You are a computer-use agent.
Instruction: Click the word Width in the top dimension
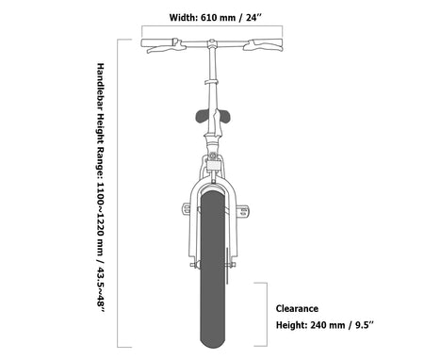pyautogui.click(x=183, y=18)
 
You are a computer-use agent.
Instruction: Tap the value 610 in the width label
pyautogui.click(x=209, y=18)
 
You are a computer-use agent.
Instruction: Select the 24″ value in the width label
pyautogui.click(x=253, y=18)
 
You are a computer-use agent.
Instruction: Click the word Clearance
pyautogui.click(x=297, y=309)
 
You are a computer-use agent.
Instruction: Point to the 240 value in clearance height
pyautogui.click(x=319, y=325)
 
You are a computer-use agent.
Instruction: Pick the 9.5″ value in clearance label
pyautogui.click(x=365, y=325)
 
